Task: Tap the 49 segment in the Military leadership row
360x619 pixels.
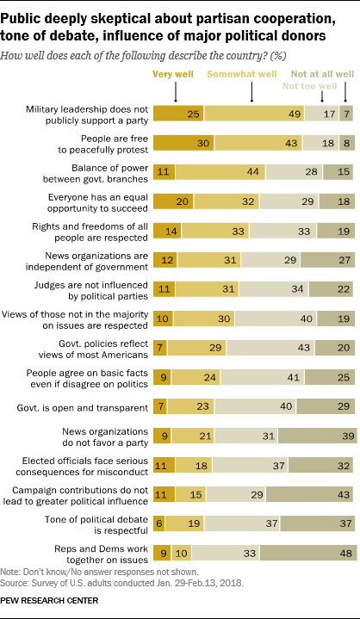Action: (246, 114)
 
